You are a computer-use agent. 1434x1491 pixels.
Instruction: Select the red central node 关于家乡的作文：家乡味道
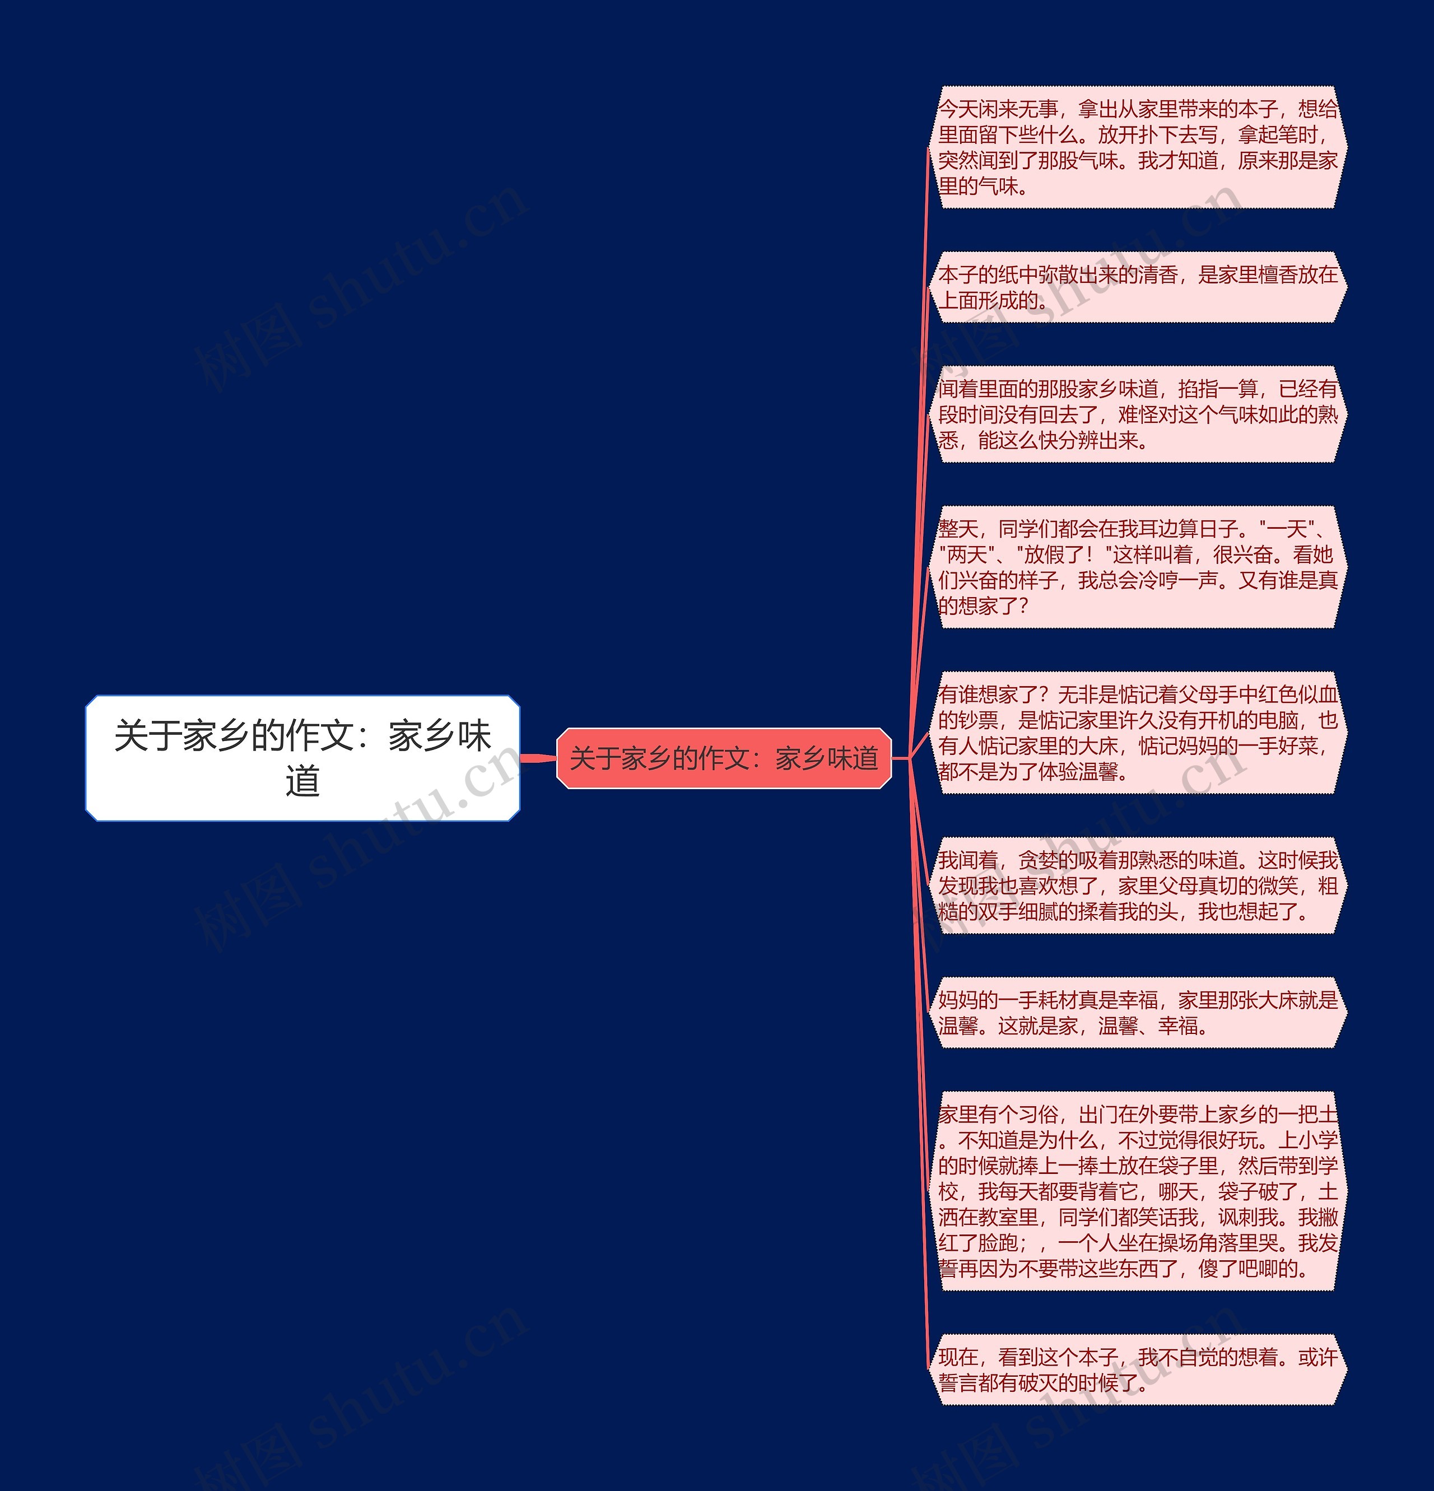[724, 758]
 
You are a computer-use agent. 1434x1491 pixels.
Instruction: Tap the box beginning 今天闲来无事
[1137, 147]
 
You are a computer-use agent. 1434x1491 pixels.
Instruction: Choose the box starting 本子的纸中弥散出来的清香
[1137, 287]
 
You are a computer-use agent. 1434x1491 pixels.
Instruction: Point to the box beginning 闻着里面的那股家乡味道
[1137, 414]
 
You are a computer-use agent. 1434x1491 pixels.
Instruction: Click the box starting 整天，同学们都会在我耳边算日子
[1137, 567]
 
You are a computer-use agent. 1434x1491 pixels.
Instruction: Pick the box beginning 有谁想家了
[1137, 733]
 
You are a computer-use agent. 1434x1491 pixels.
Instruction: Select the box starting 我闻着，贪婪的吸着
[1137, 886]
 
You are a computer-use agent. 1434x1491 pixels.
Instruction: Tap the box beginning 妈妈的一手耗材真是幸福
[1137, 1013]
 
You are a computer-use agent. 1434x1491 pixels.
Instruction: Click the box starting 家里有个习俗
[1137, 1191]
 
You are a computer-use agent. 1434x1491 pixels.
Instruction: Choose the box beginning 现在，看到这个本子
[1137, 1369]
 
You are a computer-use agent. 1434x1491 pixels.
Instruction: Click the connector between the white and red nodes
[539, 758]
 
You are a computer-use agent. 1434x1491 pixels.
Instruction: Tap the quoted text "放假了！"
[1064, 555]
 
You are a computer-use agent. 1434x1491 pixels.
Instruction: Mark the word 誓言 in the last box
[958, 1383]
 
